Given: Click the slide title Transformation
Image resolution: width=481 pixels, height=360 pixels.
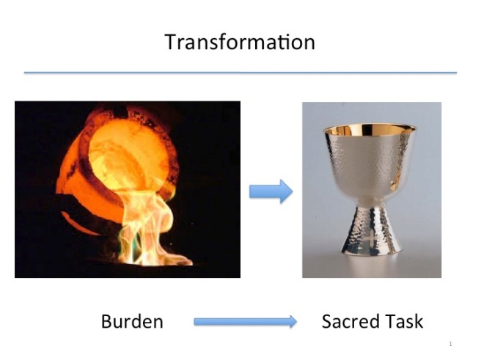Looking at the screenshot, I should point(240,42).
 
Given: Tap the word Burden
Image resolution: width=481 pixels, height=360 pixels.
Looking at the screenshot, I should point(131,321).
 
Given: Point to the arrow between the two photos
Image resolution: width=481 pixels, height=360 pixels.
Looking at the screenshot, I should point(271,191).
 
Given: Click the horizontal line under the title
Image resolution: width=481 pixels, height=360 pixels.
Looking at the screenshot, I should point(240,73).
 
